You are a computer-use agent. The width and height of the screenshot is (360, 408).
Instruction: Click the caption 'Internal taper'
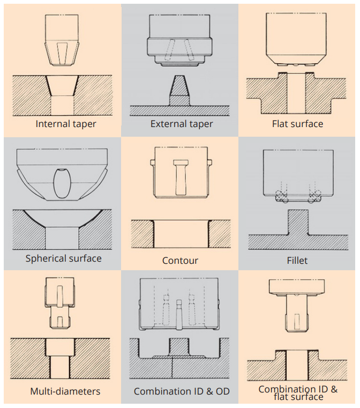pyautogui.click(x=66, y=124)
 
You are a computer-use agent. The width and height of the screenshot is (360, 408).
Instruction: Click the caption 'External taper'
pyautogui.click(x=182, y=124)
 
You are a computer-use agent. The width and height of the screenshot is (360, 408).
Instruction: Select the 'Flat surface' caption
pyautogui.click(x=298, y=124)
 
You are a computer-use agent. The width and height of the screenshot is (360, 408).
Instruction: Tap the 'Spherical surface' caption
pyautogui.click(x=63, y=258)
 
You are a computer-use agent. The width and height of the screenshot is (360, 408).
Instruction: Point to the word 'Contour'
pyautogui.click(x=180, y=261)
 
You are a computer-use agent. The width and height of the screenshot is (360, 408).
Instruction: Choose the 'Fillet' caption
pyautogui.click(x=297, y=261)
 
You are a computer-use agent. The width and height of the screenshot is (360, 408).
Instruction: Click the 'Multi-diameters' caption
pyautogui.click(x=65, y=391)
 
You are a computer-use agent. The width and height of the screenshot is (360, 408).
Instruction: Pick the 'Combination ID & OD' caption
pyautogui.click(x=182, y=391)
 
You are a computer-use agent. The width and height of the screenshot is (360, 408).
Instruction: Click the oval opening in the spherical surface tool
pyautogui.click(x=62, y=183)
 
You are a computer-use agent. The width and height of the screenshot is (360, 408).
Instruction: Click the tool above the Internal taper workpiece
pyautogui.click(x=62, y=40)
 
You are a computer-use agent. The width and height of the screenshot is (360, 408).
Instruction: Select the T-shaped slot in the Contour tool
pyautogui.click(x=181, y=177)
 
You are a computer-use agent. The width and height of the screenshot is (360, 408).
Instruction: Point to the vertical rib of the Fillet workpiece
pyautogui.click(x=298, y=222)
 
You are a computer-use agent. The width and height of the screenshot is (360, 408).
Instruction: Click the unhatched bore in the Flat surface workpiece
pyautogui.click(x=296, y=93)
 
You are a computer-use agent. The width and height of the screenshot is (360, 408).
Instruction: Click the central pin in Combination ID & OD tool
pyautogui.click(x=178, y=314)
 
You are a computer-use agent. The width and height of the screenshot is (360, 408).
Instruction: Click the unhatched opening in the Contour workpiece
pyautogui.click(x=181, y=234)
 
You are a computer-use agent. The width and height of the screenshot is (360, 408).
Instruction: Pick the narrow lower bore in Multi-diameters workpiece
pyautogui.click(x=59, y=367)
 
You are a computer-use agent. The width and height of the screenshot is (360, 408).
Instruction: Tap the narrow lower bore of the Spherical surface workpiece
pyautogui.click(x=62, y=238)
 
